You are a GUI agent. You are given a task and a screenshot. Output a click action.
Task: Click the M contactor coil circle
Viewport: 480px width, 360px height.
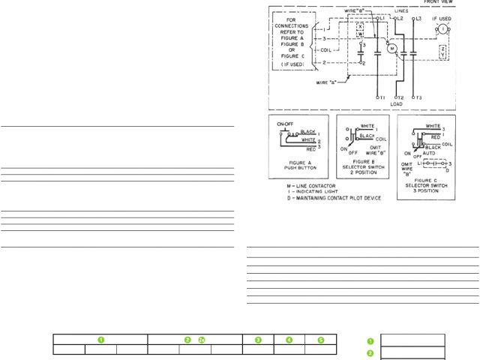point(391,48)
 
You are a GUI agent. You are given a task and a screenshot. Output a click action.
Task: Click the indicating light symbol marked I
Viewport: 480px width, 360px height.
point(442,28)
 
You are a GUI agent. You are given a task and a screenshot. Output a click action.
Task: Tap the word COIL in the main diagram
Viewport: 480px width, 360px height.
point(325,51)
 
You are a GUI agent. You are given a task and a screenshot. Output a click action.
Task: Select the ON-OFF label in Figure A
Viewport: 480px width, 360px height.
point(284,121)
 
